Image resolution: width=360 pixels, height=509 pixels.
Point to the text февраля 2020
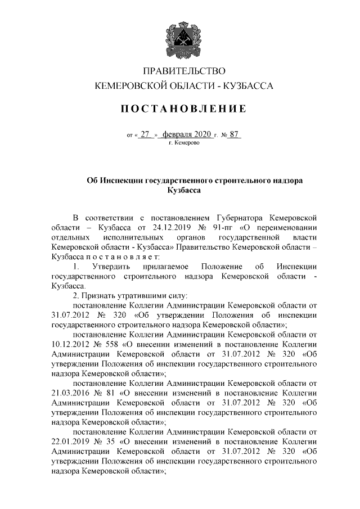pos(186,134)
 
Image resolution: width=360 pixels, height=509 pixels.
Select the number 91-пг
pos(217,227)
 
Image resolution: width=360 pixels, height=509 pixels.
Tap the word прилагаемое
pos(165,266)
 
